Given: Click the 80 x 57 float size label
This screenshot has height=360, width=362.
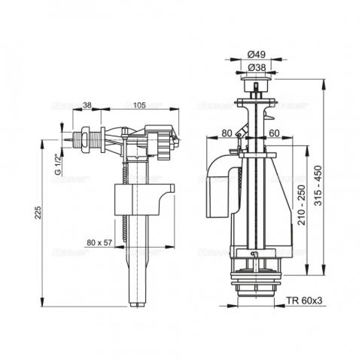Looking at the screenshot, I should point(100,243).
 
